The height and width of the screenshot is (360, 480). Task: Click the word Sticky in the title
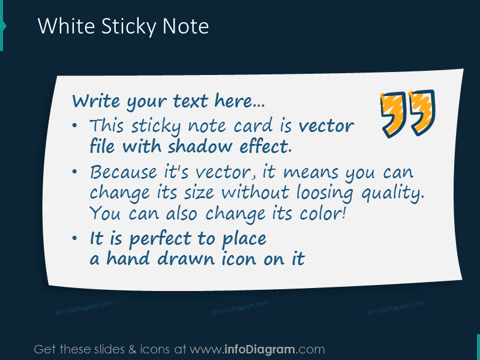point(124,26)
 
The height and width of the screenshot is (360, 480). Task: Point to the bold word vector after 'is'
point(326,126)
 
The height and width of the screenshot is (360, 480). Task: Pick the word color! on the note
point(322,214)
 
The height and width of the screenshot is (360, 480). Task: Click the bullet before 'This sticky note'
point(74,127)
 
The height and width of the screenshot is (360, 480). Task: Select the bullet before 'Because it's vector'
point(74,173)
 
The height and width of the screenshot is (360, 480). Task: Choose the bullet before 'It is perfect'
point(74,239)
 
